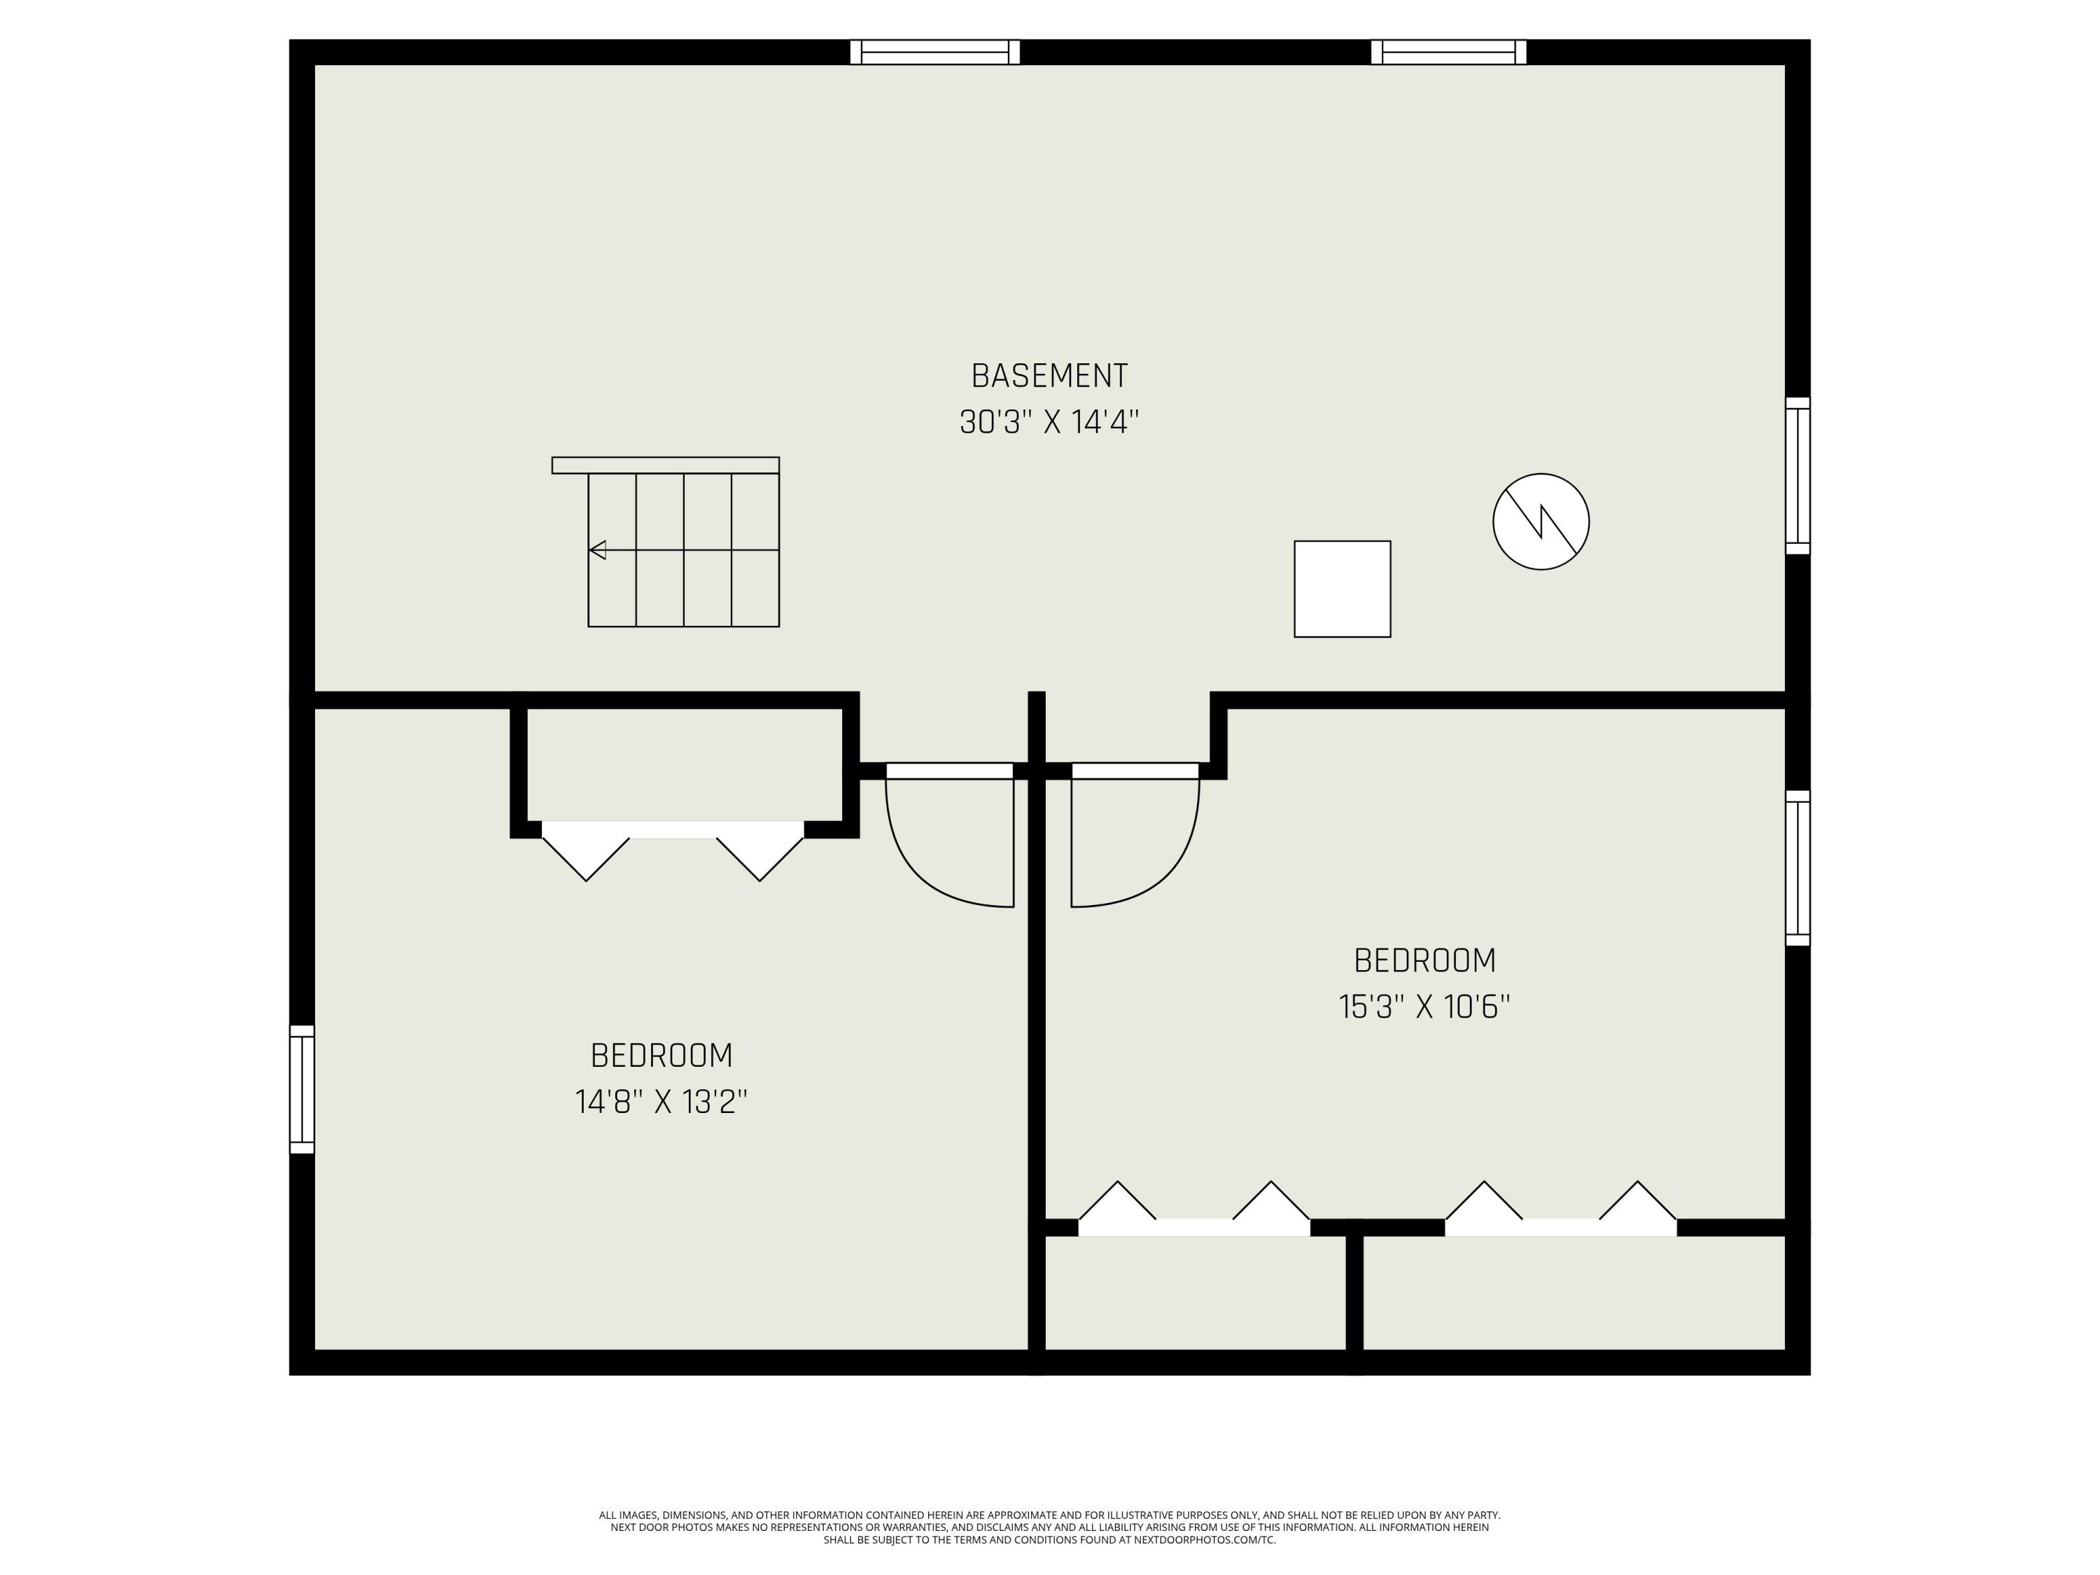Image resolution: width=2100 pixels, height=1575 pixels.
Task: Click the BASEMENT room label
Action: tap(1049, 376)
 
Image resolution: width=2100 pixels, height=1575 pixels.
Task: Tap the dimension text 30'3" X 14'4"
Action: tap(1049, 421)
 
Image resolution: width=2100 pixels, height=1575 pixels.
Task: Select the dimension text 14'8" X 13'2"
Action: tap(661, 1102)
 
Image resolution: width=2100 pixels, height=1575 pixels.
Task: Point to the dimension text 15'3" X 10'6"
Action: tap(1424, 1007)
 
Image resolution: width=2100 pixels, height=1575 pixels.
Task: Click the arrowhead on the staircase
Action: tap(597, 549)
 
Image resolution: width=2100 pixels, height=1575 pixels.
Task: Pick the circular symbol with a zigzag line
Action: tap(1541, 521)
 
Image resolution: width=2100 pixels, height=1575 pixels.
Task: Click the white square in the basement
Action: tap(1343, 589)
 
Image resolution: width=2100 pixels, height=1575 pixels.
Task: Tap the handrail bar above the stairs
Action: tap(666, 465)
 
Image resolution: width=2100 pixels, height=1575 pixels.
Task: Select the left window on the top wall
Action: tap(935, 52)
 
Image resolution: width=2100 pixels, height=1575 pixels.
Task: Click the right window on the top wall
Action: tap(1449, 52)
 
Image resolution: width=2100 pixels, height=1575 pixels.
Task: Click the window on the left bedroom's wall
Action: tap(302, 1089)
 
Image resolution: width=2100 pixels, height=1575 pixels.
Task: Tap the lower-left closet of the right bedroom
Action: tap(1196, 1292)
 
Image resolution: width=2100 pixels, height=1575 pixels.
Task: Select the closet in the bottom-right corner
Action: tap(1574, 1292)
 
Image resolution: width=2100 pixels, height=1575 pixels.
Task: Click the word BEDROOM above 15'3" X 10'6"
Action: tap(1424, 961)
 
